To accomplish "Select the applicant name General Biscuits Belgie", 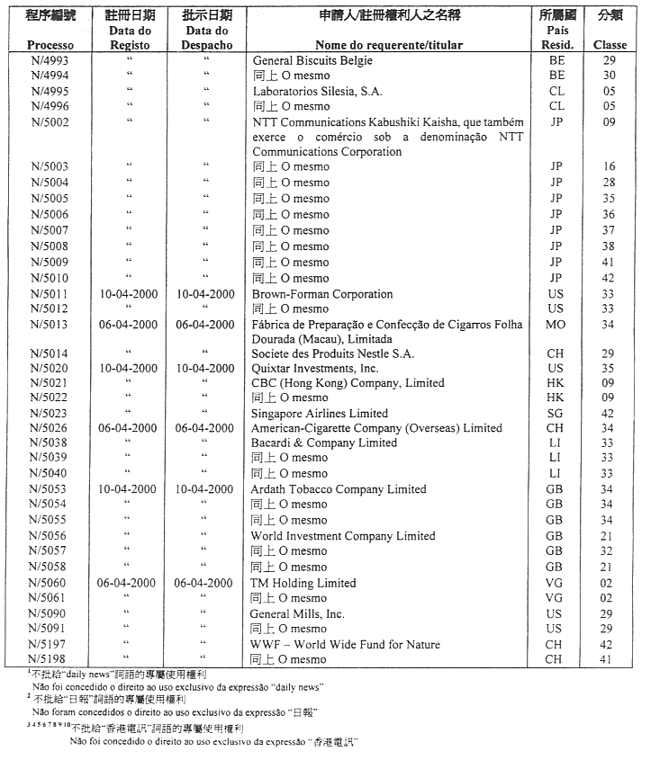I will pyautogui.click(x=312, y=60).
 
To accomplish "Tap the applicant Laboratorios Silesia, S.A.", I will pyautogui.click(x=317, y=91).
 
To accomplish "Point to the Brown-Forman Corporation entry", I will pyautogui.click(x=322, y=293).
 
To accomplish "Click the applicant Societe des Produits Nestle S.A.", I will pyautogui.click(x=333, y=353).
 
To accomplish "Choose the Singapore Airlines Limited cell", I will pyautogui.click(x=319, y=413).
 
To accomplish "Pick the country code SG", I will pyautogui.click(x=556, y=413).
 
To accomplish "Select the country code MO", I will pyautogui.click(x=556, y=324).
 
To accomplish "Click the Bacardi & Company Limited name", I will pyautogui.click(x=324, y=443).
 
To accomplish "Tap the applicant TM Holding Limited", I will pyautogui.click(x=303, y=582).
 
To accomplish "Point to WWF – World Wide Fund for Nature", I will pyautogui.click(x=346, y=644).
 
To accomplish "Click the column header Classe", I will pyautogui.click(x=610, y=45).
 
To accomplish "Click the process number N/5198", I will pyautogui.click(x=49, y=659).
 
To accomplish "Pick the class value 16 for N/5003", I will pyautogui.click(x=610, y=166).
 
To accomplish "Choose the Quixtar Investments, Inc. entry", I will pyautogui.click(x=315, y=368).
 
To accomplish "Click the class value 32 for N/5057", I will pyautogui.click(x=610, y=550).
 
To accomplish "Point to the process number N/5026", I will pyautogui.click(x=49, y=428).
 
